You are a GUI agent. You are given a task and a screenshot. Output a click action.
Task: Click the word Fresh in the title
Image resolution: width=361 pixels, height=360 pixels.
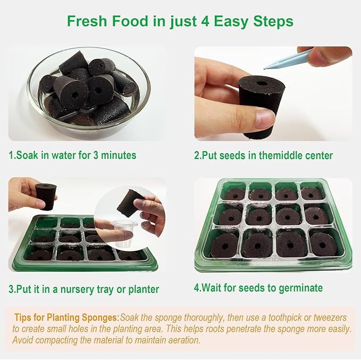pyautogui.click(x=87, y=21)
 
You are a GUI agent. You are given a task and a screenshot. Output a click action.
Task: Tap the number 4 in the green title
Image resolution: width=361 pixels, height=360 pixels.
pyautogui.click(x=205, y=21)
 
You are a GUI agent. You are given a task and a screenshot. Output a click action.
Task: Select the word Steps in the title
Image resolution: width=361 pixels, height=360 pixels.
pyautogui.click(x=273, y=22)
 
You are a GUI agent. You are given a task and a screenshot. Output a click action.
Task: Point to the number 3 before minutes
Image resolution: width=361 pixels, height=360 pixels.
pyautogui.click(x=96, y=155)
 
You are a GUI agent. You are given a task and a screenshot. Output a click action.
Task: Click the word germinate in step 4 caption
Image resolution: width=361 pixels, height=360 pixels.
pyautogui.click(x=301, y=288)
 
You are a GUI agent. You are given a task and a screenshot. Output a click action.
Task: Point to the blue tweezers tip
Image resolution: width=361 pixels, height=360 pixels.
pyautogui.click(x=265, y=69)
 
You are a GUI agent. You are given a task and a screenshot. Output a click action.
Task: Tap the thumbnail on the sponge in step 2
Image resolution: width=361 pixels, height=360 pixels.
pyautogui.click(x=265, y=119)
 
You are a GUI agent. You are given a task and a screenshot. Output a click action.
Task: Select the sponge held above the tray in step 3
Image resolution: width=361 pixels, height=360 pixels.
pyautogui.click(x=46, y=196)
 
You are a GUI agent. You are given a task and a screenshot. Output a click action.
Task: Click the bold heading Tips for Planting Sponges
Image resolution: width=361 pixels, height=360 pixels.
pyautogui.click(x=67, y=317)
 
